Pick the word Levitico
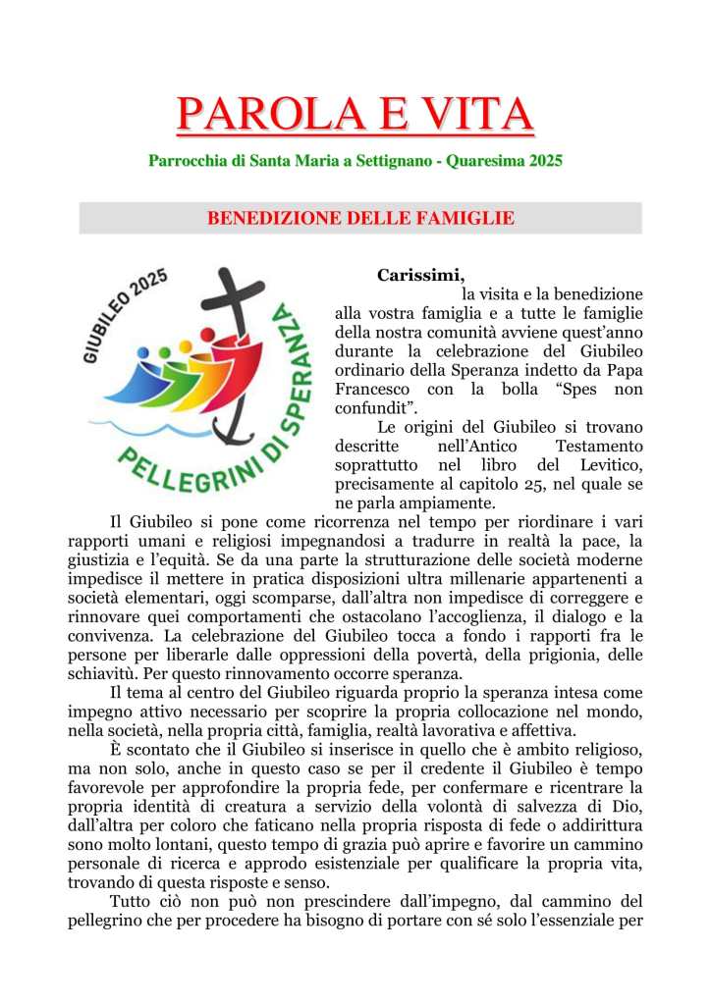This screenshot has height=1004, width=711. point(606,465)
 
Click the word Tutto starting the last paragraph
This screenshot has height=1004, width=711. point(131,903)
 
